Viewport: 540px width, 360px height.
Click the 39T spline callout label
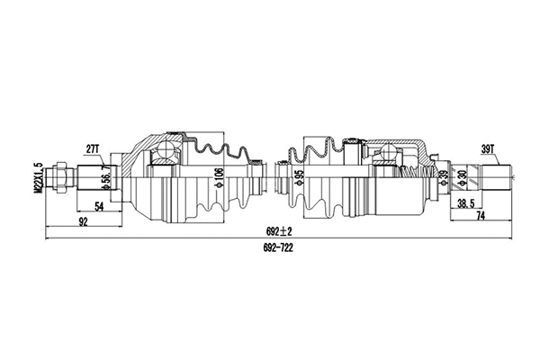click(490, 148)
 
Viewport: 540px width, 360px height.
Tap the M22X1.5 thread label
click(38, 177)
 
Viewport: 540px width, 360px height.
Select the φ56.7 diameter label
click(106, 177)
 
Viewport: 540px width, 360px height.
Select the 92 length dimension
click(83, 220)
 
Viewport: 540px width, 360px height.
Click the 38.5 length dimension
click(465, 204)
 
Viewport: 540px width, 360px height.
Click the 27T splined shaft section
click(93, 177)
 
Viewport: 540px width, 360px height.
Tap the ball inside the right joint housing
click(386, 161)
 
